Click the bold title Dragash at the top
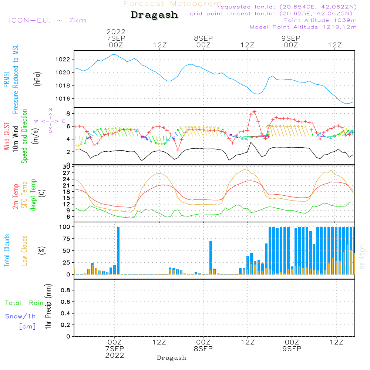pos(154,15)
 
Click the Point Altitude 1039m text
pos(320,20)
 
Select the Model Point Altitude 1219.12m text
pos(303,27)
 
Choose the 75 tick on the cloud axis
pos(65,239)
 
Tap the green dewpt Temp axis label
pos(34,195)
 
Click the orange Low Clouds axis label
pos(24,250)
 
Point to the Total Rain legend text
pos(24,303)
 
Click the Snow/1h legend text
pos(20,316)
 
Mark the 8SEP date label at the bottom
pos(203,349)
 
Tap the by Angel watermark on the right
pos(362,256)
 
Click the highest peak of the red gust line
pos(255,111)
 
